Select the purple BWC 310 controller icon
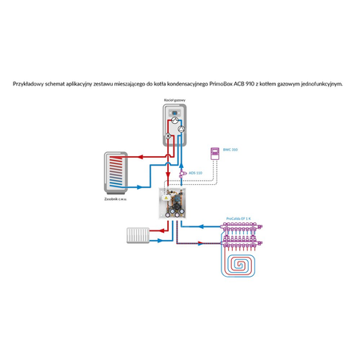(214, 151)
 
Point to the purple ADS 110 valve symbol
(182, 172)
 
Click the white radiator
(137, 235)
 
